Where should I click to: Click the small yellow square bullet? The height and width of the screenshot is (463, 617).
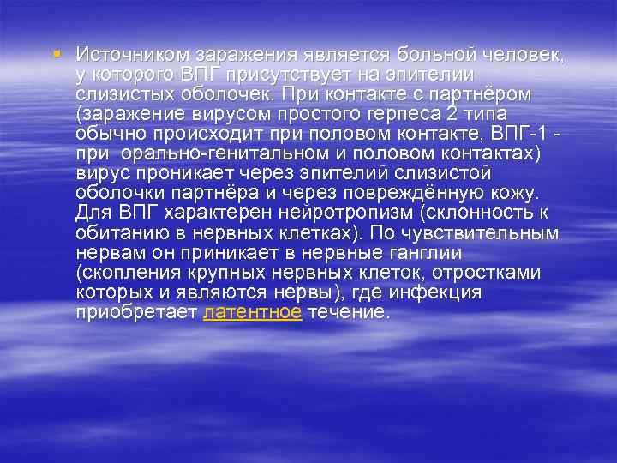coord(57,53)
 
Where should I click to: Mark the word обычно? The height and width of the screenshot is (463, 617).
coord(106,134)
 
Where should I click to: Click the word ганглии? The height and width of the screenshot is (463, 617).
coord(424,253)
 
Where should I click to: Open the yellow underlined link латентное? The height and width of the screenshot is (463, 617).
coord(252,313)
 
